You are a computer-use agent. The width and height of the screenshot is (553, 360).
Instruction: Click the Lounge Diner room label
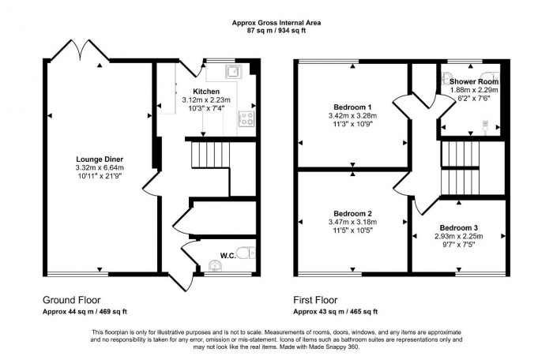coord(98,159)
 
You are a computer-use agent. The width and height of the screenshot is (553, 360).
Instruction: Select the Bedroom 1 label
coord(352,107)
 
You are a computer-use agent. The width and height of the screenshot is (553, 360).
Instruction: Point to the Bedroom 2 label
coord(352,214)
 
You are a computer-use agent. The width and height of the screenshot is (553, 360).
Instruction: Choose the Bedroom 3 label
coord(459,228)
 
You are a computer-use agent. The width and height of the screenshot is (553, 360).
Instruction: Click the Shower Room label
coord(474,81)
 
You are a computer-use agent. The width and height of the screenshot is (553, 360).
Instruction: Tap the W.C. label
coord(225,254)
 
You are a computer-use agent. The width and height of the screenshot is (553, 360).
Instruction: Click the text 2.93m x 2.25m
coord(459,236)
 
